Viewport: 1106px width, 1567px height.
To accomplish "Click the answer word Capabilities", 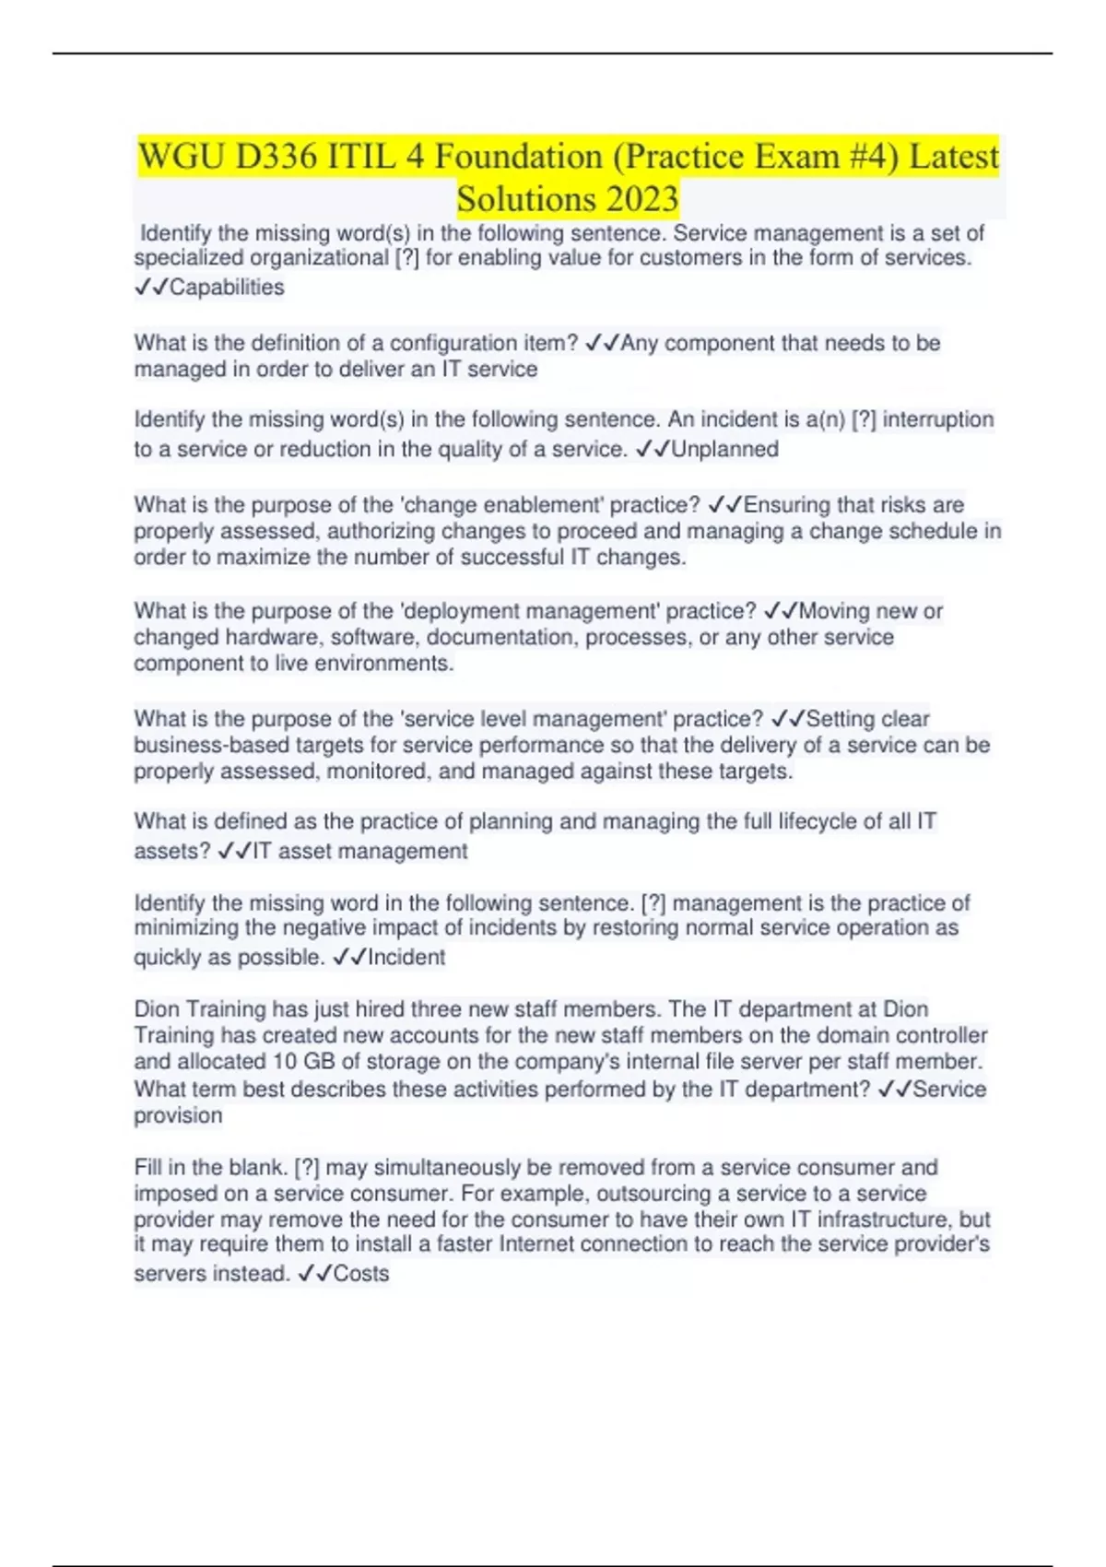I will tap(227, 288).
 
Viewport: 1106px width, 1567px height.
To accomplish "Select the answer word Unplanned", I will tap(725, 449).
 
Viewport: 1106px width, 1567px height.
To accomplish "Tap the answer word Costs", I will tap(361, 1274).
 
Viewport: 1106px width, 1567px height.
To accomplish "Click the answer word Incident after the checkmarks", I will tap(406, 958).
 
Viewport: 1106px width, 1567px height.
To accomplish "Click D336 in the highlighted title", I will tap(276, 157).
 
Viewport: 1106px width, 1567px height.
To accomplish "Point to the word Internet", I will tap(542, 1245).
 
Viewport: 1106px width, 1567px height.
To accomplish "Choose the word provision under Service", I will tap(178, 1115).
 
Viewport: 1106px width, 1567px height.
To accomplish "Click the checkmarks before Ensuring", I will tap(724, 505).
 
